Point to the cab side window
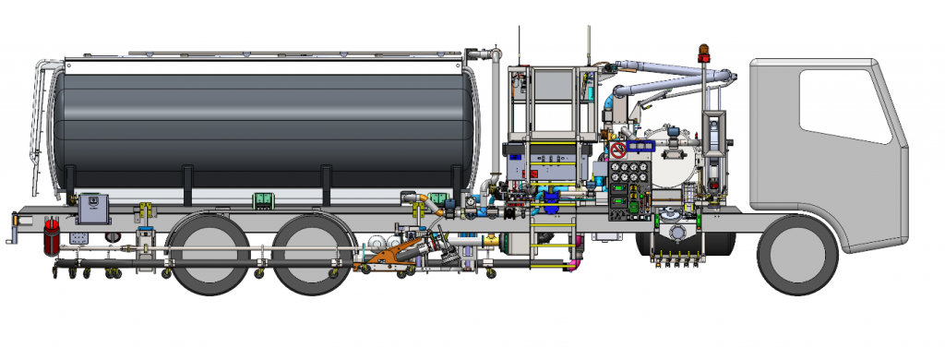843,104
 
